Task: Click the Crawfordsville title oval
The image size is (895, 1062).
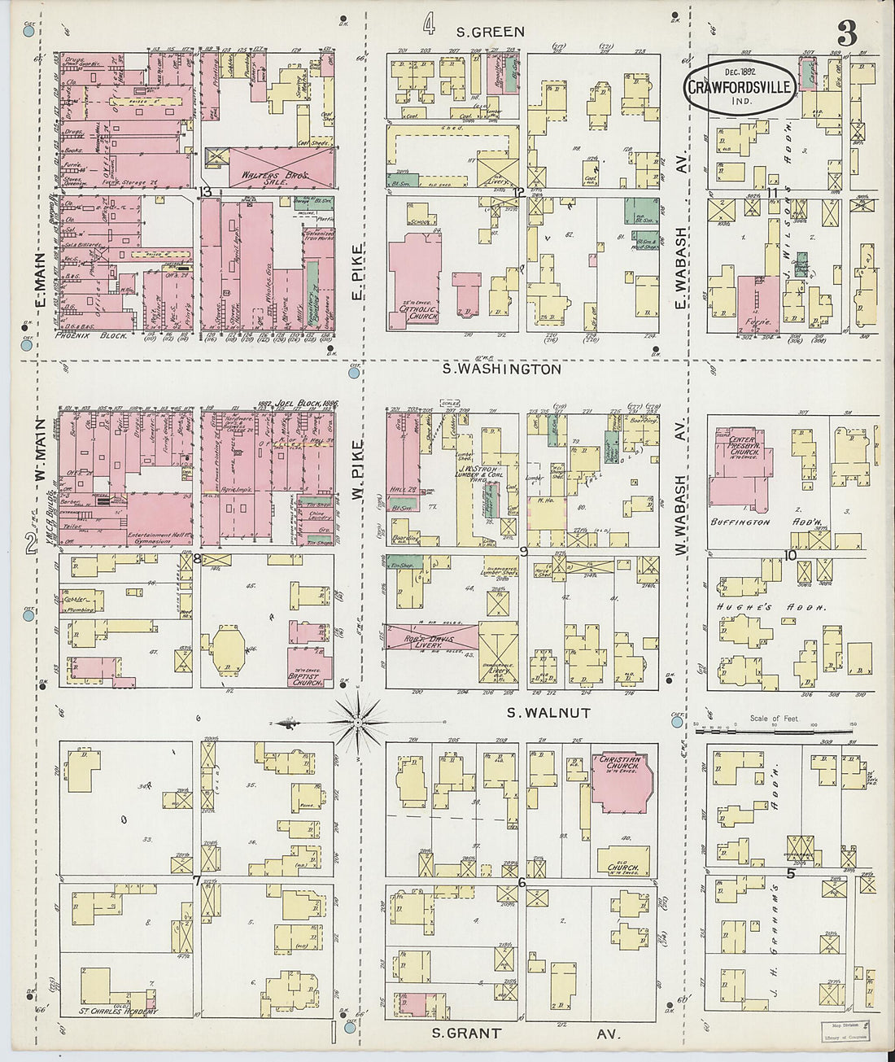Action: click(740, 86)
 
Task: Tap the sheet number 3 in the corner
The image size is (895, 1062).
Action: click(846, 34)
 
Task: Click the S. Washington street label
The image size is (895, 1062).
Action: click(501, 369)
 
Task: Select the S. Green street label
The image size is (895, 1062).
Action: click(490, 32)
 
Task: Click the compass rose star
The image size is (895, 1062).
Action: click(358, 720)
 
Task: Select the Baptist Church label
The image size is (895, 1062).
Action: click(308, 680)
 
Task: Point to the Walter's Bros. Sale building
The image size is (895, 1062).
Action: click(267, 173)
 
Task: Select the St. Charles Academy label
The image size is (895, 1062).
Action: click(118, 1012)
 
